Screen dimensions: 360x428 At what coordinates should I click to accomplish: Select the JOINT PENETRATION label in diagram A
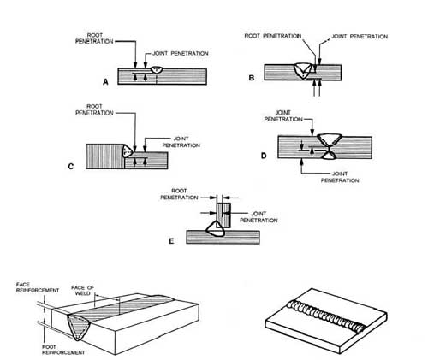point(177,53)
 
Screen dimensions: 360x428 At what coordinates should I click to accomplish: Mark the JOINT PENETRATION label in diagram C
point(176,143)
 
